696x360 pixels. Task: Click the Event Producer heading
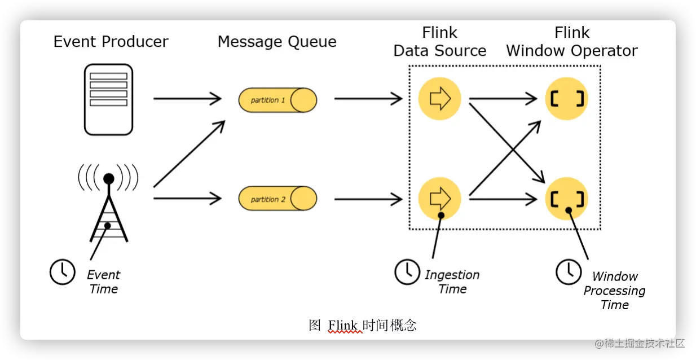pyautogui.click(x=111, y=42)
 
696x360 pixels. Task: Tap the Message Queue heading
pyautogui.click(x=277, y=42)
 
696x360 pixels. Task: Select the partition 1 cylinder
pyautogui.click(x=277, y=100)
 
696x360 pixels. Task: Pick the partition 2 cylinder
pyautogui.click(x=277, y=199)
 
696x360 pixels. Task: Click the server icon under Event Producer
pyautogui.click(x=108, y=99)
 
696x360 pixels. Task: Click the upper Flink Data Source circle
pyautogui.click(x=439, y=99)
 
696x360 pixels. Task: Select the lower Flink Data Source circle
pyautogui.click(x=439, y=198)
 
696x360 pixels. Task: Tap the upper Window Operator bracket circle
pyautogui.click(x=566, y=99)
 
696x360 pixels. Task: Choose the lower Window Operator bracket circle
pyautogui.click(x=566, y=198)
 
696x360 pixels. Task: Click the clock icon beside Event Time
pyautogui.click(x=62, y=272)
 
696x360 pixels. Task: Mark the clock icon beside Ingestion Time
pyautogui.click(x=406, y=272)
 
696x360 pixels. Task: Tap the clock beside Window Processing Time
pyautogui.click(x=568, y=272)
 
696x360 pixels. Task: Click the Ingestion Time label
pyautogui.click(x=452, y=282)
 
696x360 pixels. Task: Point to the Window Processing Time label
pyautogui.click(x=614, y=291)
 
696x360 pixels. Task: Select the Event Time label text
pyautogui.click(x=103, y=282)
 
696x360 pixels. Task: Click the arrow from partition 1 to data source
pyautogui.click(x=368, y=99)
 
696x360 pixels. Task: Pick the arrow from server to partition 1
pyautogui.click(x=187, y=99)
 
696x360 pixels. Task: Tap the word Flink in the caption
pyautogui.click(x=343, y=325)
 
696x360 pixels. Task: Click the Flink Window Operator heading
pyautogui.click(x=571, y=42)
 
